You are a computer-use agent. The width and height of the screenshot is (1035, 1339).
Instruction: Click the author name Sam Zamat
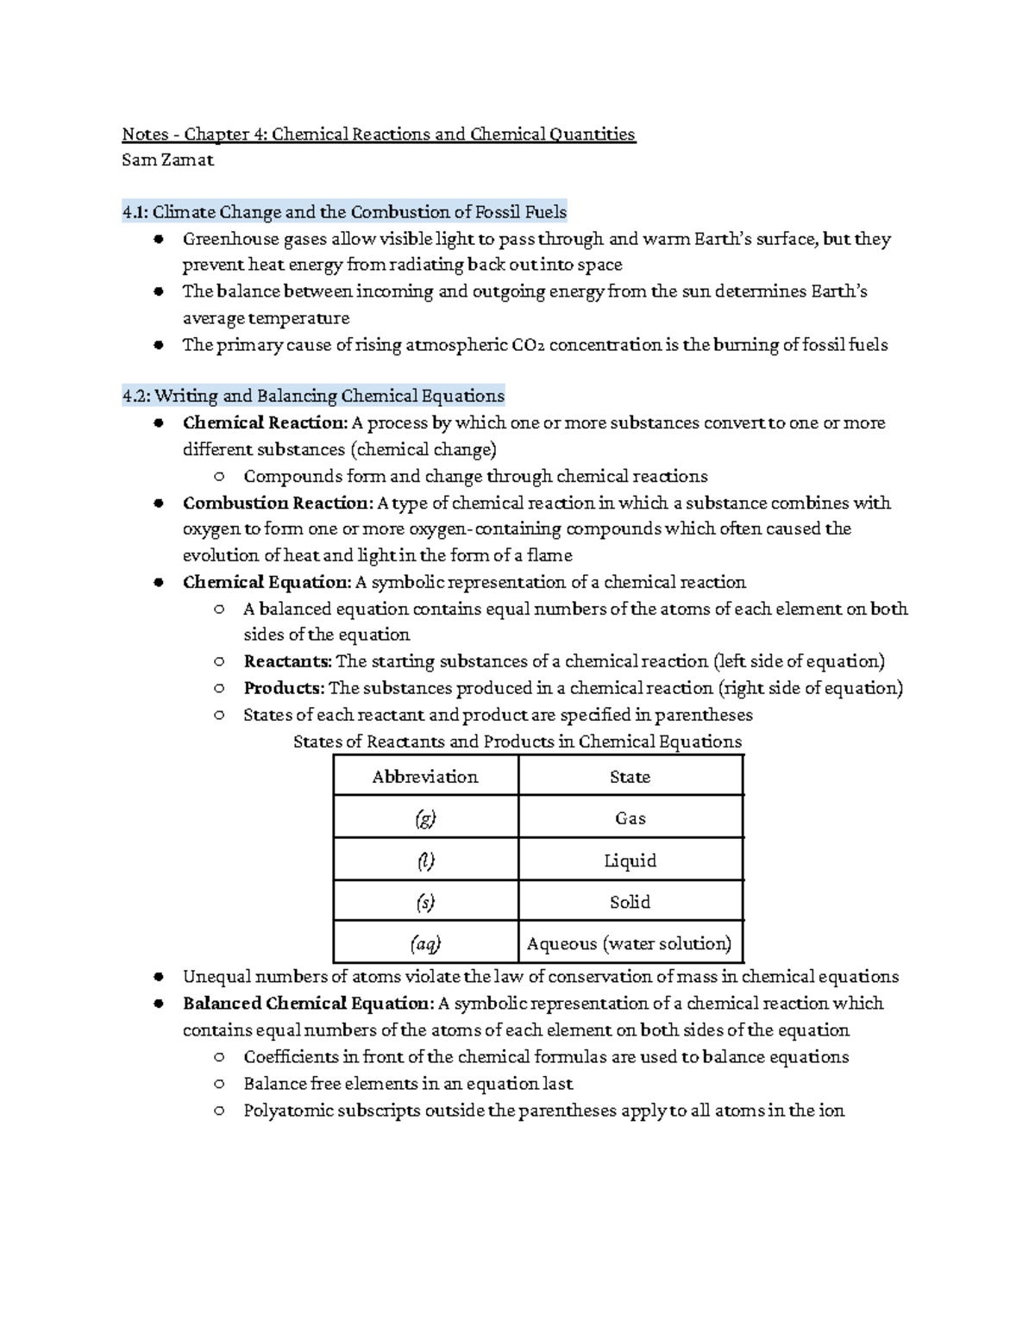pyautogui.click(x=167, y=160)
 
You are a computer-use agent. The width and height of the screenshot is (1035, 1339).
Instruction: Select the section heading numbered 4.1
pyautogui.click(x=344, y=212)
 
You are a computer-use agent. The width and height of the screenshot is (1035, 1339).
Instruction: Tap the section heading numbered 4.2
pyautogui.click(x=313, y=397)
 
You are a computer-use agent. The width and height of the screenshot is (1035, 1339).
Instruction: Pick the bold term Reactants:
pyautogui.click(x=287, y=661)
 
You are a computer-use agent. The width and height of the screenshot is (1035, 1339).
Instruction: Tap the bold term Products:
pyautogui.click(x=284, y=688)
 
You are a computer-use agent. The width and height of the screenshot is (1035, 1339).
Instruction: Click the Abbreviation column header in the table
pyautogui.click(x=425, y=776)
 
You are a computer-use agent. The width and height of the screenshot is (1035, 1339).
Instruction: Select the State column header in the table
pyautogui.click(x=630, y=776)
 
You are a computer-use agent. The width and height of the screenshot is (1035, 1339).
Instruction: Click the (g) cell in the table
pyautogui.click(x=425, y=818)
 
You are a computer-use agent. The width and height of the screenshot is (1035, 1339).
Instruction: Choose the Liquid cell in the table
pyautogui.click(x=630, y=860)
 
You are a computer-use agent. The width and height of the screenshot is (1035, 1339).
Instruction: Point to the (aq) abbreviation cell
pyautogui.click(x=425, y=943)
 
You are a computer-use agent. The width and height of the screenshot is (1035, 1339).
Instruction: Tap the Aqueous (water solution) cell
pyautogui.click(x=630, y=943)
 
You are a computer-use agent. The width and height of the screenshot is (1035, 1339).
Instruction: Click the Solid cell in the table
pyautogui.click(x=630, y=902)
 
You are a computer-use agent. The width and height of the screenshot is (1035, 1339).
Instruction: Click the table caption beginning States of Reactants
pyautogui.click(x=517, y=741)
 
